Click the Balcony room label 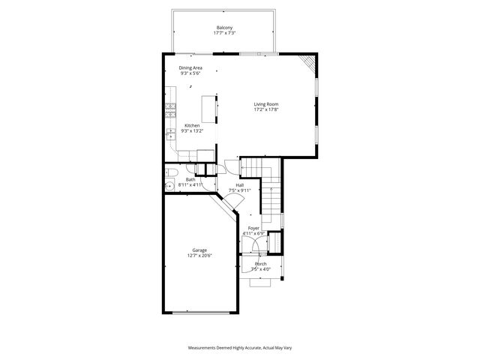tap(224, 28)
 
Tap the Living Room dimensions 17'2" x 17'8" tap(265, 110)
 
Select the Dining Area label tap(190, 67)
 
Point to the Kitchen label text tap(191, 125)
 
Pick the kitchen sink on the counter tap(170, 136)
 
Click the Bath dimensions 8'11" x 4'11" tap(190, 184)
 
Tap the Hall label tap(239, 184)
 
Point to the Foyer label tap(253, 227)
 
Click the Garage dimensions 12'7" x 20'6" tap(200, 256)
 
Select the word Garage tap(200, 250)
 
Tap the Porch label tap(261, 264)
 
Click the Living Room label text tap(265, 104)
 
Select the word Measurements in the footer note tap(202, 349)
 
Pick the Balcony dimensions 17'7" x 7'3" tap(224, 34)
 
